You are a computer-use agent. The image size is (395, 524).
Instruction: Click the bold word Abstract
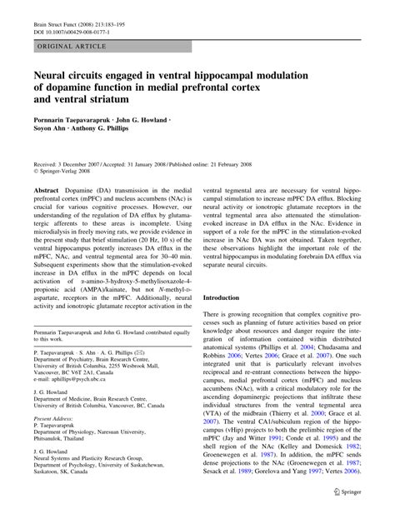coord(47,190)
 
